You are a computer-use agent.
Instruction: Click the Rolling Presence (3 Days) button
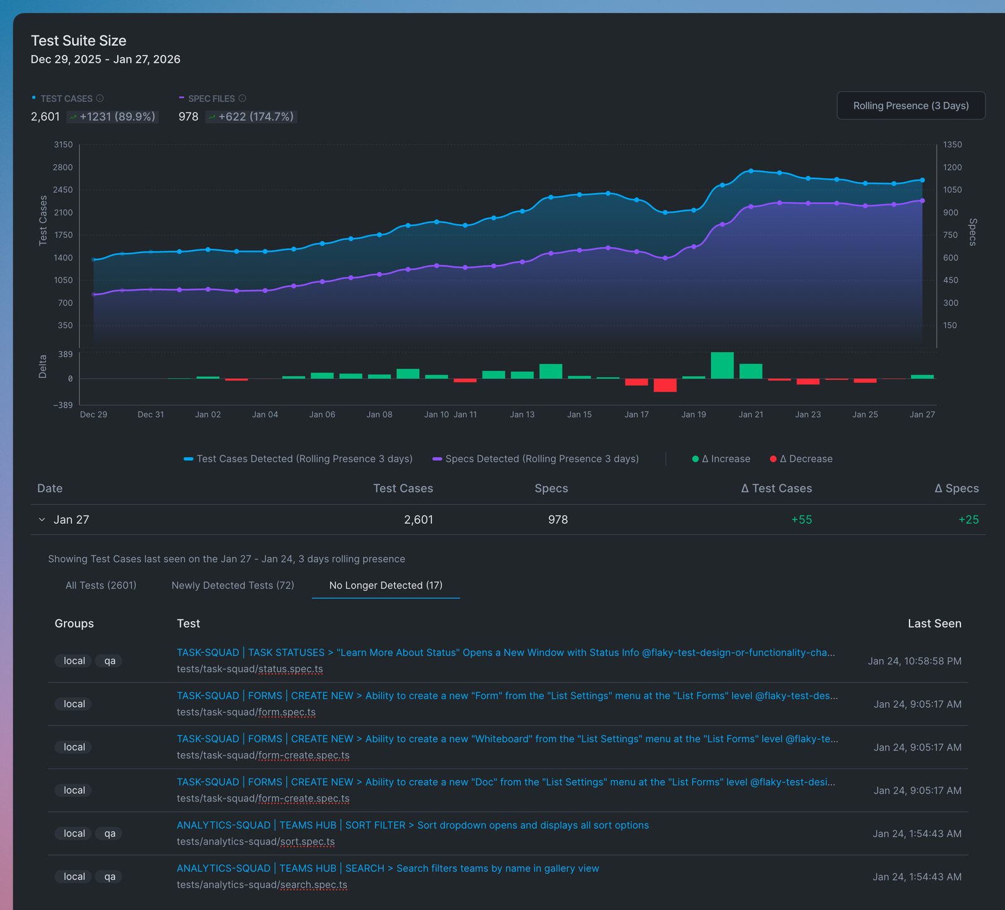tap(911, 106)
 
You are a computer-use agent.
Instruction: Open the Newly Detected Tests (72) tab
tap(232, 585)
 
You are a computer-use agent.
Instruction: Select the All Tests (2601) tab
tap(101, 585)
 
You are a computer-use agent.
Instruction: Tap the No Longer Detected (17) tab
tap(386, 585)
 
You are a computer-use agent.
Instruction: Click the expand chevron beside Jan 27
tap(42, 520)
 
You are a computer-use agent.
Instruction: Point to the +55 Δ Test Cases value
tap(801, 520)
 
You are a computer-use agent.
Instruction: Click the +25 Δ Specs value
tap(969, 520)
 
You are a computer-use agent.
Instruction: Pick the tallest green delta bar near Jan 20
tap(722, 366)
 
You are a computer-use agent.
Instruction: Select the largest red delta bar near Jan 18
tap(665, 385)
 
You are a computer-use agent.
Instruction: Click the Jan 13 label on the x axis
tap(522, 414)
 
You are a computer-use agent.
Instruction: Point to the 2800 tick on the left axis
tap(63, 167)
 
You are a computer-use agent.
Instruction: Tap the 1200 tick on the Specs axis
tap(952, 167)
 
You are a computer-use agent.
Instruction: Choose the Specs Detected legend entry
tap(536, 459)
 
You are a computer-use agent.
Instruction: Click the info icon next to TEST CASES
tap(100, 99)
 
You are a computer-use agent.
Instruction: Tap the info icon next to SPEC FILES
tap(242, 99)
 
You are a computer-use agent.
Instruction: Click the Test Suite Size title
tap(79, 41)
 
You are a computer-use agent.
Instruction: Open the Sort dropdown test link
tap(413, 825)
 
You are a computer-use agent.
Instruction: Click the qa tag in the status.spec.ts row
tap(110, 661)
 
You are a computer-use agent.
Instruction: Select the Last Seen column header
tap(934, 624)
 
